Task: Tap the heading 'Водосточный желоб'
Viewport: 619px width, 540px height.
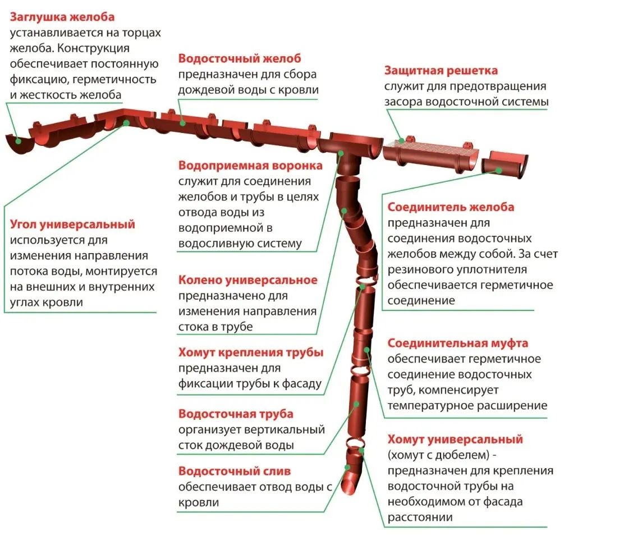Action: (x=240, y=58)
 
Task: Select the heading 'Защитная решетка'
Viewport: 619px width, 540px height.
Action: (x=441, y=71)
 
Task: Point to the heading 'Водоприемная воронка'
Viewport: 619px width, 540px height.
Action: (x=250, y=166)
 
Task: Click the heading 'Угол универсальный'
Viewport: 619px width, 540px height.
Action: (x=73, y=225)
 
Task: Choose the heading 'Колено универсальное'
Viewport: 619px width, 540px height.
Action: (x=247, y=280)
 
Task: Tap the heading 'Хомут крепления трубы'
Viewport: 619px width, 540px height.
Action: (x=251, y=353)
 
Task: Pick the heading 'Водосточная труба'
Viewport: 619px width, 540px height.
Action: (x=236, y=414)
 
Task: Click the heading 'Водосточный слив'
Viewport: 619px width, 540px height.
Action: (x=235, y=471)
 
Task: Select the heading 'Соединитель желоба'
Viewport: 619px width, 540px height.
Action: (x=451, y=207)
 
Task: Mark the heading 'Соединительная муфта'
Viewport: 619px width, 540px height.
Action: (x=457, y=343)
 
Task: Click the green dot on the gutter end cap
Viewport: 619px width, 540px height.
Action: (x=19, y=141)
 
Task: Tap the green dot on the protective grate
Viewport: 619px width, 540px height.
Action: (x=401, y=140)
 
